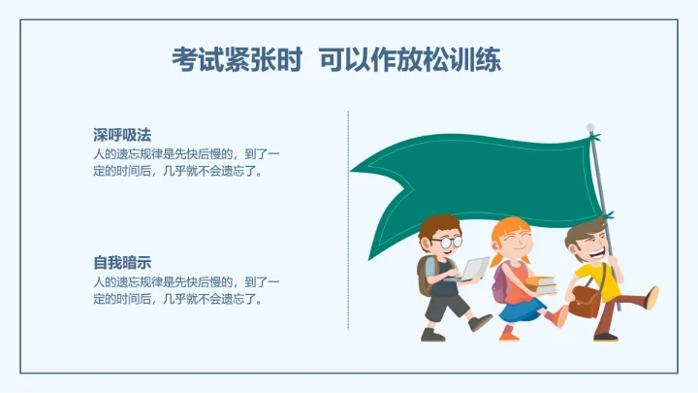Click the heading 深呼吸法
coord(122,134)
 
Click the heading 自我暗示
coord(122,262)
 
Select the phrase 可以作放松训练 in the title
coord(411,60)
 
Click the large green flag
coord(475,184)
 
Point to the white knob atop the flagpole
coord(589,127)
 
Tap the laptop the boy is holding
coord(474,269)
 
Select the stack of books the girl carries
coord(542,285)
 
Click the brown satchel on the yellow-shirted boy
coord(585,301)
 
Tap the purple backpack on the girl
coord(499,282)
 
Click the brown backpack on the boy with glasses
coord(425,277)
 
